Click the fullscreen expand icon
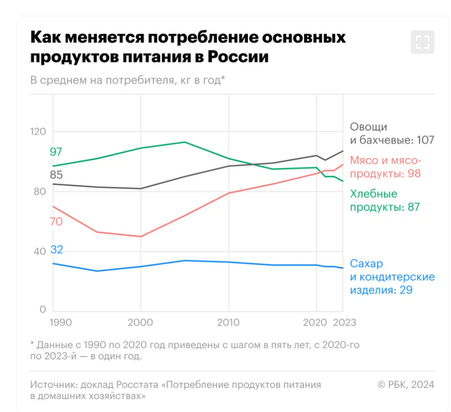422,43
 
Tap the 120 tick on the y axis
38,132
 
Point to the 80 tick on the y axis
38,191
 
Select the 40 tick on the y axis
38,251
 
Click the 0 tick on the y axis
42,310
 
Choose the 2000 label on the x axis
140,322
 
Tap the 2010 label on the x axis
228,322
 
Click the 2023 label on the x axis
345,322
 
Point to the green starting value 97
56,152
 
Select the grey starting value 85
56,174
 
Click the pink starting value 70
56,221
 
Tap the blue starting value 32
56,250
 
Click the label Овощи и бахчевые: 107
392,133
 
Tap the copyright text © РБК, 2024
406,384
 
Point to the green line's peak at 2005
185,142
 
